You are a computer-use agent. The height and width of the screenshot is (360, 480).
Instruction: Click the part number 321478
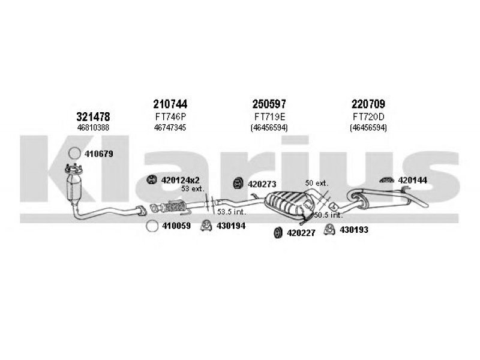(x=93, y=116)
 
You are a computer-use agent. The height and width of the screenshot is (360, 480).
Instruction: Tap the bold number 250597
(x=269, y=103)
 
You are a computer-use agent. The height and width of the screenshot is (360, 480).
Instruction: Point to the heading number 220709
(x=368, y=103)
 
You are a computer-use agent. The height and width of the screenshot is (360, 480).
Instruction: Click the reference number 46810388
(x=93, y=127)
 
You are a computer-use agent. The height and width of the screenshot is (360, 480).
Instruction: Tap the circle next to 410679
(x=73, y=154)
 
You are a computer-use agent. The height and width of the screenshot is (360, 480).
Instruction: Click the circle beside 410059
(x=151, y=226)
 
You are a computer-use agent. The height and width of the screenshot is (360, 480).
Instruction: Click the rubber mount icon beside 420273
(x=238, y=182)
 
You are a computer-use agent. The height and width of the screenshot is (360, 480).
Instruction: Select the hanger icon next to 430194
(x=205, y=226)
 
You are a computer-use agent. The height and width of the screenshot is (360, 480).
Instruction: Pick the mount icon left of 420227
(x=278, y=232)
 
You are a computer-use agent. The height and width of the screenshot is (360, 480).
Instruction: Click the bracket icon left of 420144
(x=386, y=179)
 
